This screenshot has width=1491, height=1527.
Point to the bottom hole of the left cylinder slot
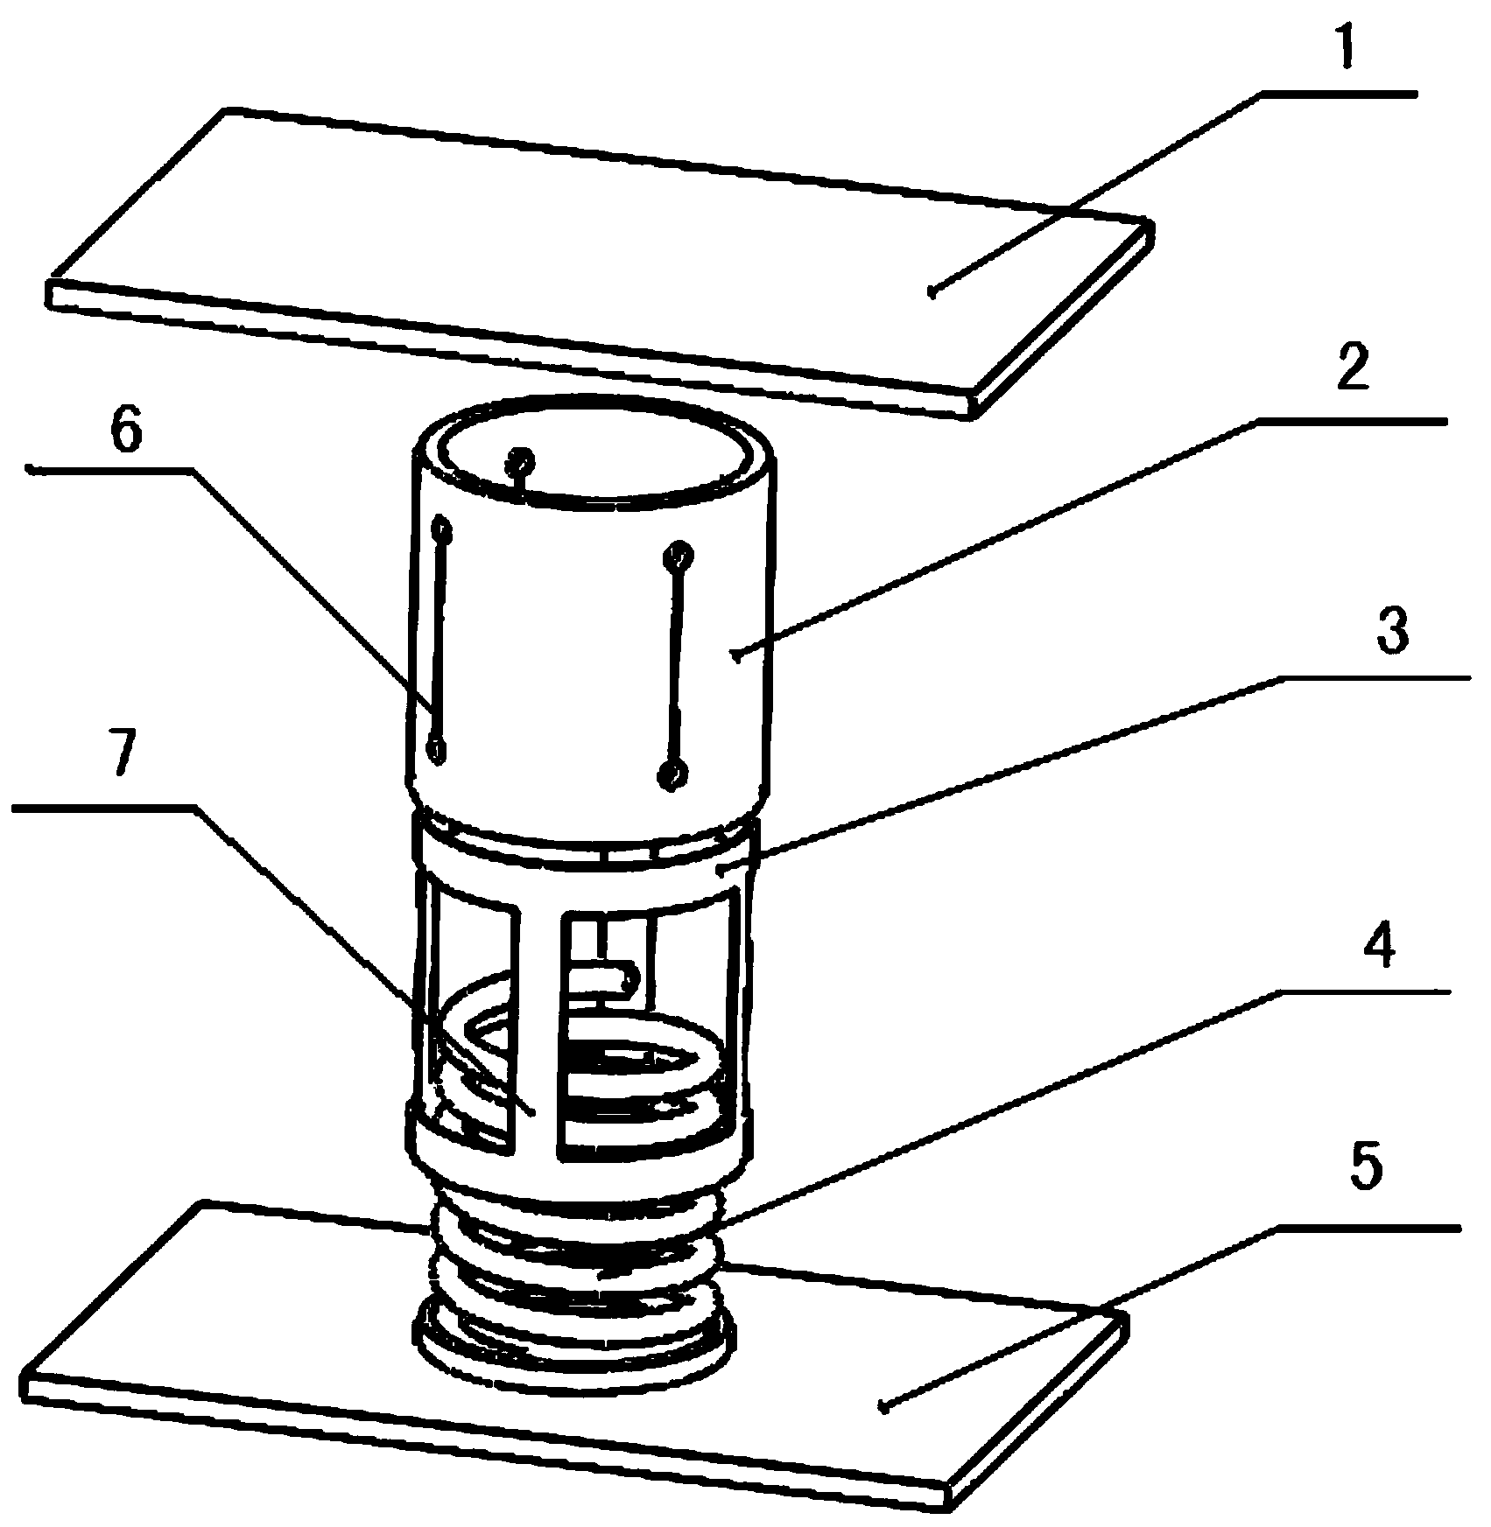coord(435,749)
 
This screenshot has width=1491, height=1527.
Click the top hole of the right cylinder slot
coord(679,554)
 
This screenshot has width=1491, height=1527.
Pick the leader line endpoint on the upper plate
coord(933,294)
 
